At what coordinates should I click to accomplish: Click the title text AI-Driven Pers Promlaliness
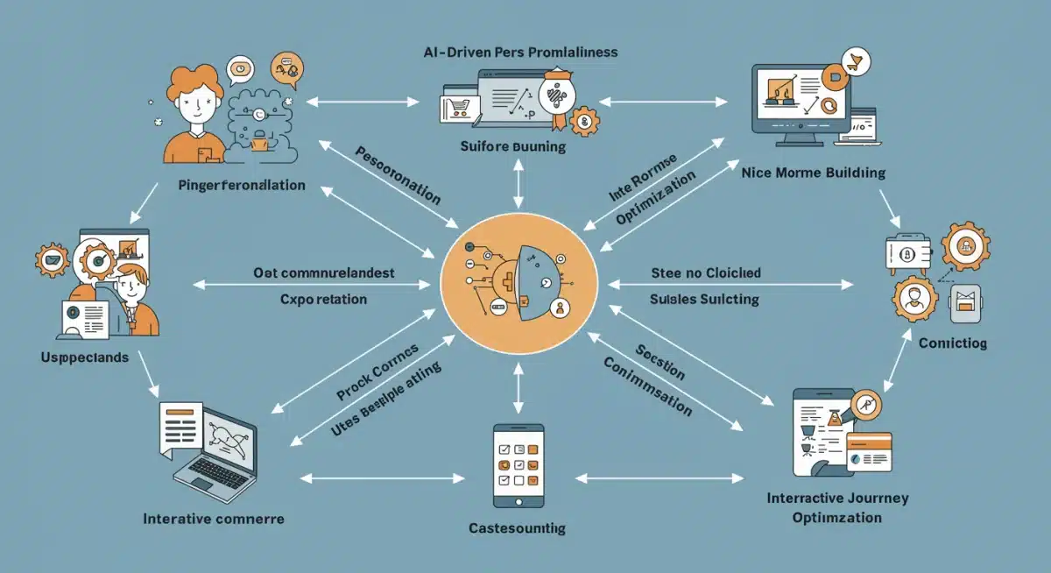tap(520, 53)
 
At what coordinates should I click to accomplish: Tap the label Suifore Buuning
tap(512, 146)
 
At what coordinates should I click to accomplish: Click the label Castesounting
tap(517, 528)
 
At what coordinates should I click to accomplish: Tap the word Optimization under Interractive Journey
tap(836, 517)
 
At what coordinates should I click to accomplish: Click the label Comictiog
tap(952, 343)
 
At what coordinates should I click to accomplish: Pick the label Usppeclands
tap(84, 357)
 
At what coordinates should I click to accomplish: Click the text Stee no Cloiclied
tap(706, 272)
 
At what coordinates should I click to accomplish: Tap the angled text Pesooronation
tap(398, 175)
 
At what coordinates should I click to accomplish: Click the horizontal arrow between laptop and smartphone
tap(383, 478)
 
